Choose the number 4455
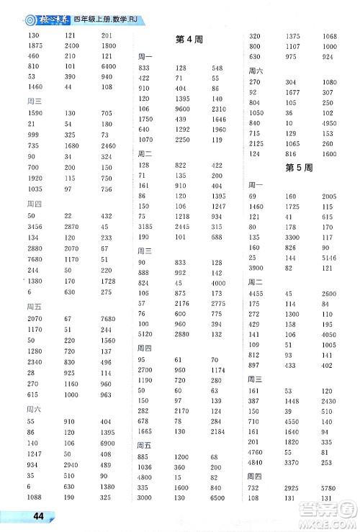point(257,293)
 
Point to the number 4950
point(328,123)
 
